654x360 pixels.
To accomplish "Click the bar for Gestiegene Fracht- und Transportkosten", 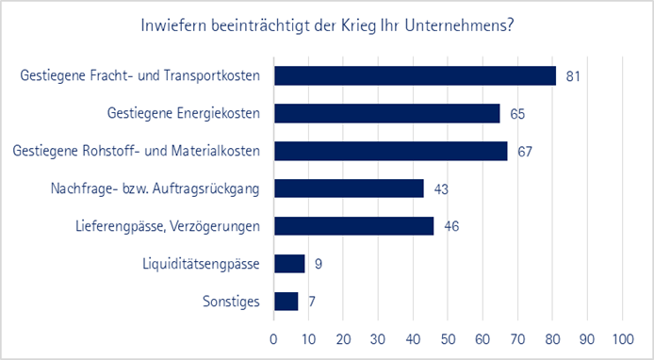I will click(x=415, y=75).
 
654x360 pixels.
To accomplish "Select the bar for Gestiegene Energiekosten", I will click(x=386, y=113).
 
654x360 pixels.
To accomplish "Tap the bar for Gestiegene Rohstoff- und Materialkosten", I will click(x=390, y=151).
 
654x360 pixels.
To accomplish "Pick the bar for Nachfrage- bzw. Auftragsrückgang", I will click(x=349, y=188).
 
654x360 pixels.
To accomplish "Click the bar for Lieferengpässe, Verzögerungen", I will click(x=353, y=226).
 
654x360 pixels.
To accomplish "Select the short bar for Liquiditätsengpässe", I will click(x=289, y=264).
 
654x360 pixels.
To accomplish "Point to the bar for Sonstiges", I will click(x=286, y=302).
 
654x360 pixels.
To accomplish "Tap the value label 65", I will click(x=516, y=114).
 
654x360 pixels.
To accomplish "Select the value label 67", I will click(x=524, y=152).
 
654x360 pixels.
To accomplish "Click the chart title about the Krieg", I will click(x=326, y=25).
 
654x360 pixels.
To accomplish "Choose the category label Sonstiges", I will click(x=231, y=302).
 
